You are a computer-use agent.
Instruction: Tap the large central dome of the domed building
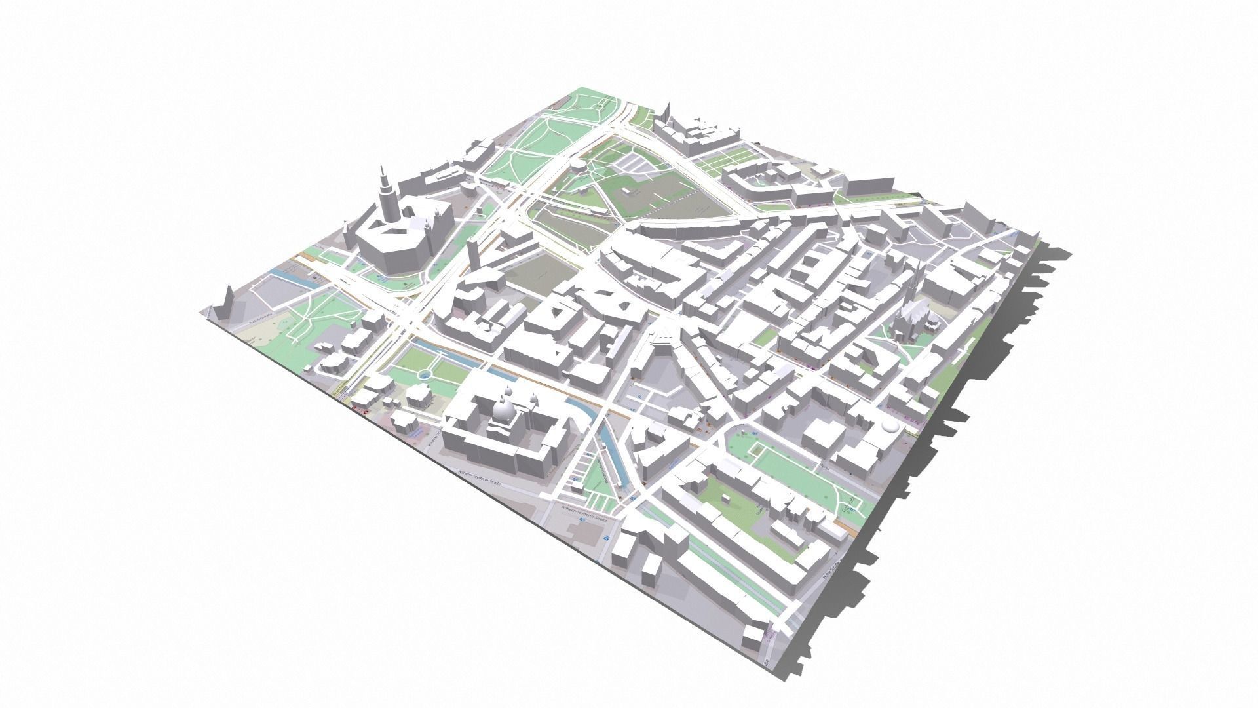pyautogui.click(x=505, y=412)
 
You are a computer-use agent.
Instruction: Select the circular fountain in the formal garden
pyautogui.click(x=425, y=374)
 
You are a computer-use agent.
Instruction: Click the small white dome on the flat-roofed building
pyautogui.click(x=889, y=427)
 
